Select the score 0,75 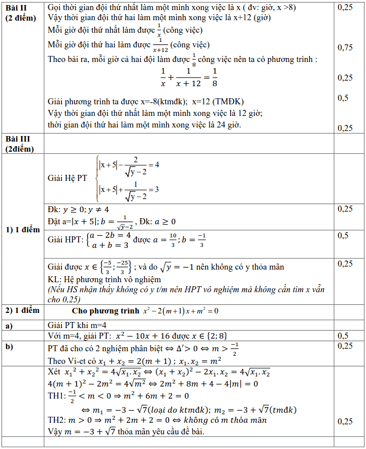(345, 47)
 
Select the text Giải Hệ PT (67, 178)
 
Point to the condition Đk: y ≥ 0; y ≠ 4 (78, 209)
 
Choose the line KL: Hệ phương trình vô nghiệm (104, 279)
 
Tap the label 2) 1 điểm (22, 310)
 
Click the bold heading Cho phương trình (104, 311)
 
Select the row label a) (10, 326)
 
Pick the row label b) (10, 347)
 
